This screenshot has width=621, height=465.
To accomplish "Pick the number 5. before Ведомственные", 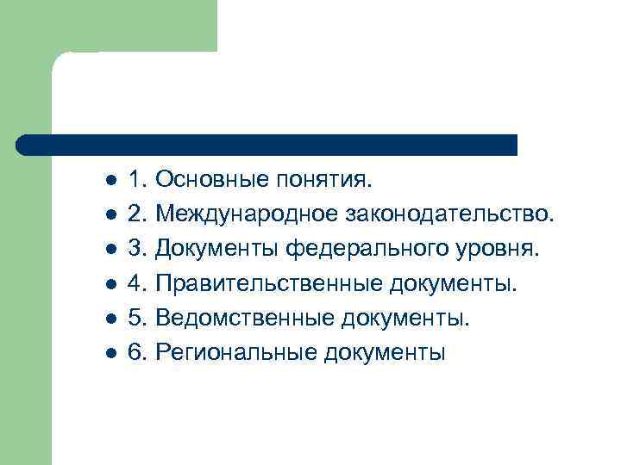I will pos(138,319).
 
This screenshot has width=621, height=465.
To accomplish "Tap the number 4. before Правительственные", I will pos(138,284).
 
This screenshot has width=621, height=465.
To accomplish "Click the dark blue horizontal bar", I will pos(267,145).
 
